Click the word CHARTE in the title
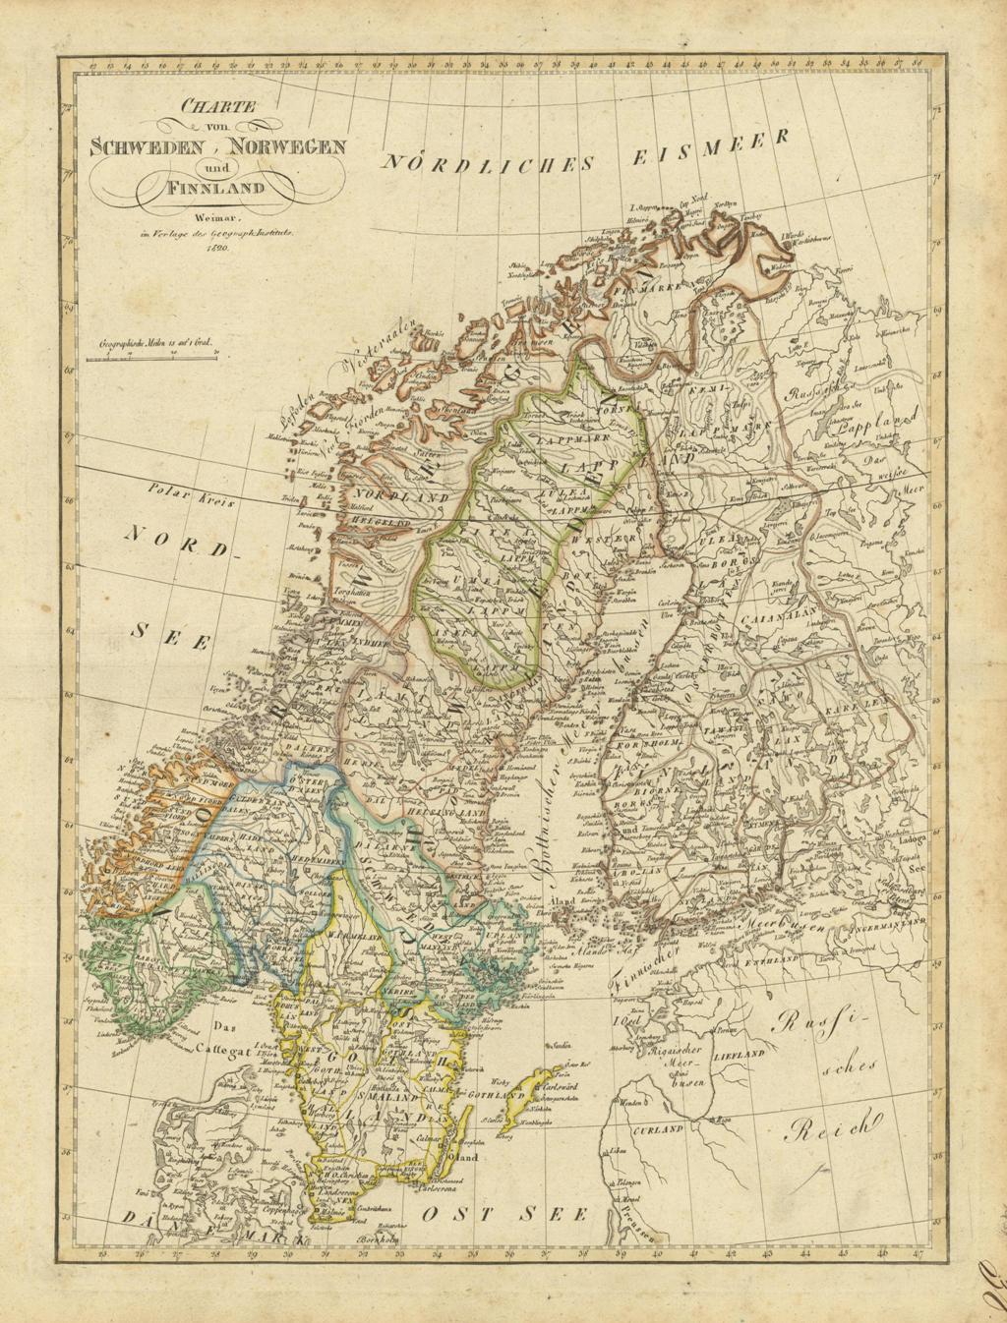click(204, 107)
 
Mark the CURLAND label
click(658, 1130)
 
